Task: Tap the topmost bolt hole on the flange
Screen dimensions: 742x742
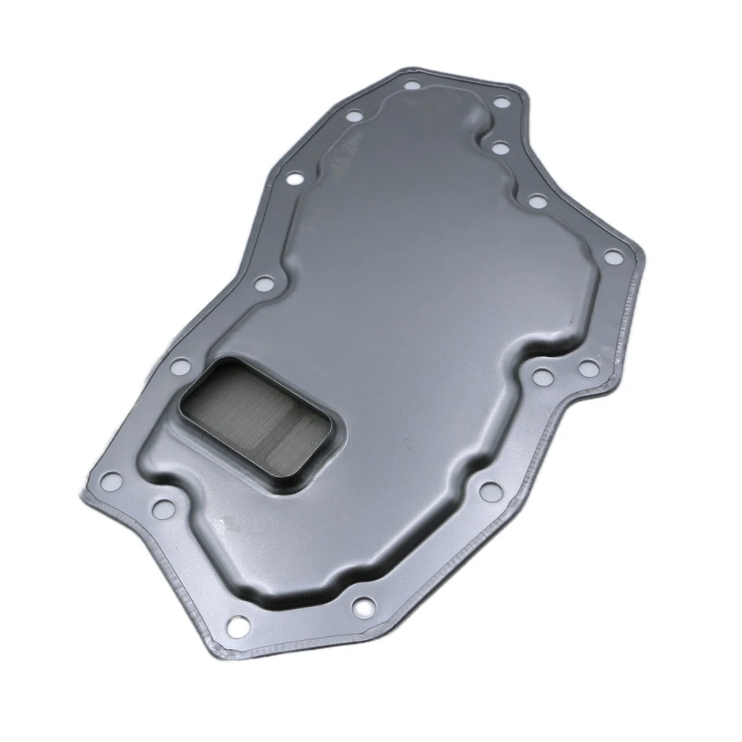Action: (x=412, y=86)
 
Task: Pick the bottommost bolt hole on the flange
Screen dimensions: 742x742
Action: (x=239, y=622)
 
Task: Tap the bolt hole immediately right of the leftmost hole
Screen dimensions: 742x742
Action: (x=163, y=508)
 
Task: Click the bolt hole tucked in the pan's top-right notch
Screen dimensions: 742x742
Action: (x=499, y=147)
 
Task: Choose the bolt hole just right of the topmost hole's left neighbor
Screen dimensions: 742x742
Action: (x=412, y=86)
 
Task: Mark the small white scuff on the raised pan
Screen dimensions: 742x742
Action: (x=220, y=526)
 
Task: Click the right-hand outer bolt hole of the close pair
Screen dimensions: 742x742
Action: (x=588, y=367)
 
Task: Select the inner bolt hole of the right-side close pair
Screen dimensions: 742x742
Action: (x=543, y=376)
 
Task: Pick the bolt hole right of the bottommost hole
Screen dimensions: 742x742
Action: (x=361, y=610)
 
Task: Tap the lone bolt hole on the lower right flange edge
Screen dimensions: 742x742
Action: (x=489, y=489)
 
